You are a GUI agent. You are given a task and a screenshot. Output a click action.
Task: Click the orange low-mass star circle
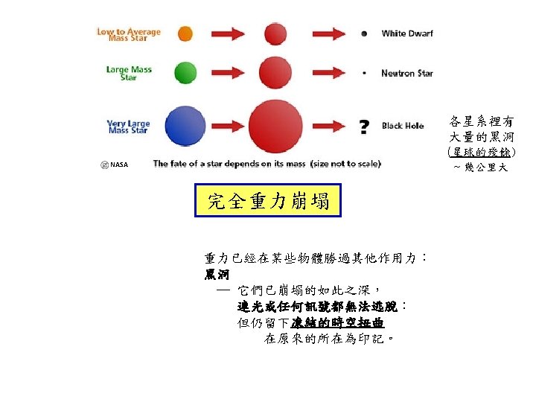[185, 33]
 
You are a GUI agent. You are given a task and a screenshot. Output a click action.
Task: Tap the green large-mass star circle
[185, 73]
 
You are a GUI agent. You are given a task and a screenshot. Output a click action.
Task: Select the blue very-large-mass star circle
[185, 127]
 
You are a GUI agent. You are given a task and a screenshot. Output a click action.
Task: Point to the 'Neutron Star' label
[406, 73]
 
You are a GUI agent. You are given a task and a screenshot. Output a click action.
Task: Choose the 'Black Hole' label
[403, 126]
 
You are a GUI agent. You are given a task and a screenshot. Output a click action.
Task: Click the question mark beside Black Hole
[364, 127]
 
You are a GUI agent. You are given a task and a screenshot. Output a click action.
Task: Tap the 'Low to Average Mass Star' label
[129, 34]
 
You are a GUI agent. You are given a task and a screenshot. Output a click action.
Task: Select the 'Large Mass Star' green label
[129, 73]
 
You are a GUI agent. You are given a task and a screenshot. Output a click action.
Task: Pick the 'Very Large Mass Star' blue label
[129, 127]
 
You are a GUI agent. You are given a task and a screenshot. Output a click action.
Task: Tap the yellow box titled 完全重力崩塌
[267, 201]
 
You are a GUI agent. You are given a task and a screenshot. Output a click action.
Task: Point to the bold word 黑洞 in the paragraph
[217, 275]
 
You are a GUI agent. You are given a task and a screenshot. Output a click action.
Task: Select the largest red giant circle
[275, 129]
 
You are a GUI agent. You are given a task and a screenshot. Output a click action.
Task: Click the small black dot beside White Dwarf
[364, 33]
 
